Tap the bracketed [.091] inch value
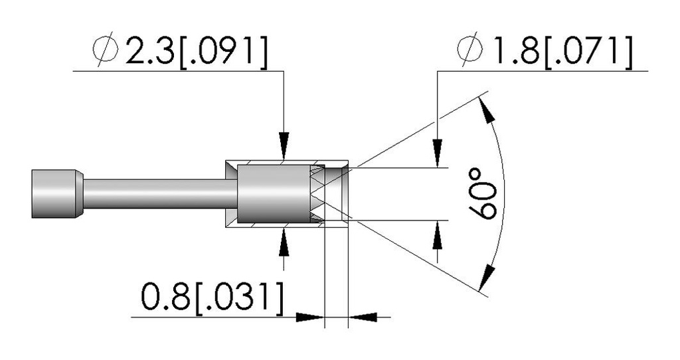(221, 51)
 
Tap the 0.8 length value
(165, 297)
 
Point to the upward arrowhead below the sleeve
(284, 240)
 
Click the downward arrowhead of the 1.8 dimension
(437, 153)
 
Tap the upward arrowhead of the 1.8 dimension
(437, 235)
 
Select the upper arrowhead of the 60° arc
(487, 112)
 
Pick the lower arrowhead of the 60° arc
(487, 276)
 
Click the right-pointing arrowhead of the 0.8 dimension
(310, 317)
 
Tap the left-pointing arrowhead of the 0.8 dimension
(363, 317)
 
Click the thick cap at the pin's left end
(57, 193)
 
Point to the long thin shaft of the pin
(160, 194)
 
